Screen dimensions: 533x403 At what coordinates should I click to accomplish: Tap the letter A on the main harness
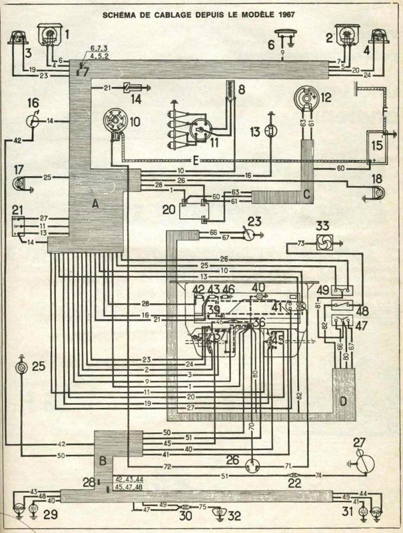click(x=95, y=205)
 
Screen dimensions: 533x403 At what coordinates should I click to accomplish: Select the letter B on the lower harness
click(x=102, y=459)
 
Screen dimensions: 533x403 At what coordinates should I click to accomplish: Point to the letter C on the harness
click(x=306, y=195)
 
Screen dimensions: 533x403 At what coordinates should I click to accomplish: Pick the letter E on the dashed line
click(x=195, y=161)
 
